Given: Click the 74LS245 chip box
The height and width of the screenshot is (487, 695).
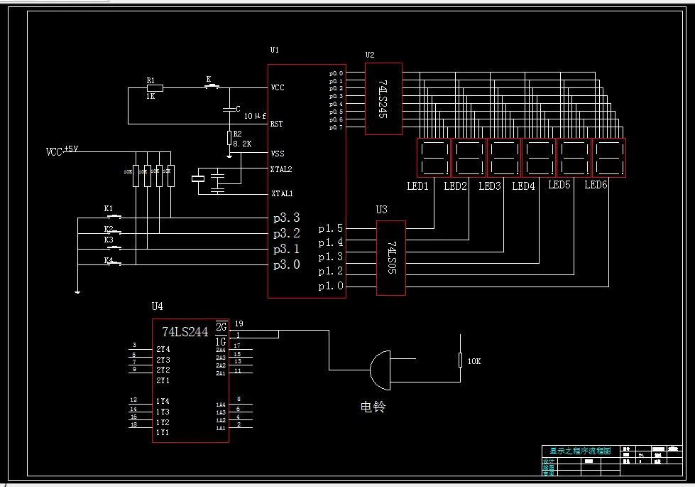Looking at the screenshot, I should (383, 98).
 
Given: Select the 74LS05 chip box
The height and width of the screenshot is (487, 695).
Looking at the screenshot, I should (390, 257).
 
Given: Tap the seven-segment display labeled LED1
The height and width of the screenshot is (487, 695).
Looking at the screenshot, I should (433, 157).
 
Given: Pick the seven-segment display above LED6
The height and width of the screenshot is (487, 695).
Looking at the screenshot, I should (608, 157).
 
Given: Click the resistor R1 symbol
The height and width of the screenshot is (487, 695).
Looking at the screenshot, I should (154, 87).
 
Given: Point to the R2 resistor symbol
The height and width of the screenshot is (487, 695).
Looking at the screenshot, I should (229, 137).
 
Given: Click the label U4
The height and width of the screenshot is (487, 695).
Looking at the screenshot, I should (157, 306).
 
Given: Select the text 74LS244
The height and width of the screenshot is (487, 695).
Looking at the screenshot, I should (185, 331).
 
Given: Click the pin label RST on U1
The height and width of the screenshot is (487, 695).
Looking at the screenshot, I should (276, 124).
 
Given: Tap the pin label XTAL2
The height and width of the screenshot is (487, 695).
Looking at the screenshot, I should (281, 169).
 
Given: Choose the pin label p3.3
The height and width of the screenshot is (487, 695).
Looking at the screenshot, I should (287, 217).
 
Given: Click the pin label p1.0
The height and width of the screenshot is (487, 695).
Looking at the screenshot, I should (330, 286).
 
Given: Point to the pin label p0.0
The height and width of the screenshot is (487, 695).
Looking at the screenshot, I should (336, 73).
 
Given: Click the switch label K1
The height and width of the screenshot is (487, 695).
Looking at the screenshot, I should (109, 208).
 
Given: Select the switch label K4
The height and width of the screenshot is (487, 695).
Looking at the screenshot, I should (109, 261).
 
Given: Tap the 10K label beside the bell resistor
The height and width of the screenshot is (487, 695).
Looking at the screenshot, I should (474, 361).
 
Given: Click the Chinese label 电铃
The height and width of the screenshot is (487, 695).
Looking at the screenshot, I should (373, 407).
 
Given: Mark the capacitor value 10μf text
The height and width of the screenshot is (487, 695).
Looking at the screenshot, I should (255, 115).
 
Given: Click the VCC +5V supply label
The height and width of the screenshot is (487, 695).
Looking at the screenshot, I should (62, 151).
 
